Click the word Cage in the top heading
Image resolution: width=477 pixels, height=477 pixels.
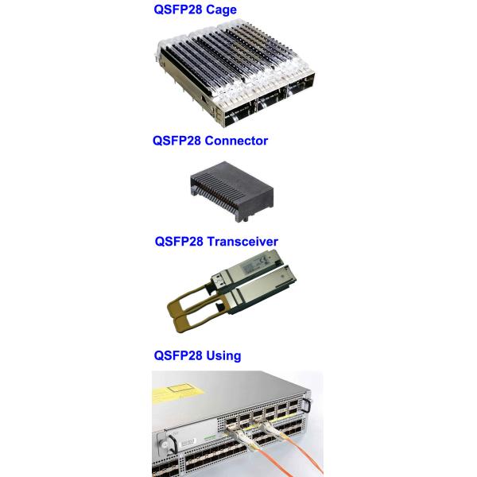221,10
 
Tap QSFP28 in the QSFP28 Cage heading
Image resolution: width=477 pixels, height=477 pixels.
178,10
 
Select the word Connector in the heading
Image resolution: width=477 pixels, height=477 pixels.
236,141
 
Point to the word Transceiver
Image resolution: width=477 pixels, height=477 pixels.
242,242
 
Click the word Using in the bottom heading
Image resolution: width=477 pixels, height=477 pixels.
223,355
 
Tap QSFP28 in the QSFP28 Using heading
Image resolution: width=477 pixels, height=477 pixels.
178,355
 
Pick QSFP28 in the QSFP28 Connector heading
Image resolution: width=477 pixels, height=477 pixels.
176,141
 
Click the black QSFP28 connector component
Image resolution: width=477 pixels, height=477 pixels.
232,191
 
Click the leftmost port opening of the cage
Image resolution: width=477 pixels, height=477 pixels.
238,118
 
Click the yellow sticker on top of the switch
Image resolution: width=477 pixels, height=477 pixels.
176,393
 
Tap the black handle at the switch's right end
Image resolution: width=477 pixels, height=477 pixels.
307,405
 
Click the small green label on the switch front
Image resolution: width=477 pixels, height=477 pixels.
210,437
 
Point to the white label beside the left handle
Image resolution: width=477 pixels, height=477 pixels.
188,442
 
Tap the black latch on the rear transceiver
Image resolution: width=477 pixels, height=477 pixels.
216,277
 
